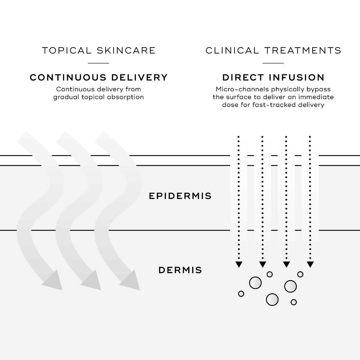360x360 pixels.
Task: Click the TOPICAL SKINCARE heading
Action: (99, 50)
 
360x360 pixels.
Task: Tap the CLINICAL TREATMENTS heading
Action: (273, 50)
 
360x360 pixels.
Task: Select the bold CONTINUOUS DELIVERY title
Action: (99, 78)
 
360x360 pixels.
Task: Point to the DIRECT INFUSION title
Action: (273, 78)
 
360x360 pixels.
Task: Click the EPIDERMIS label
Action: (180, 196)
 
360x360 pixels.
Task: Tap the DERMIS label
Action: (180, 270)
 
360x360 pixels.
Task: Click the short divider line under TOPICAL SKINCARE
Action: (99, 63)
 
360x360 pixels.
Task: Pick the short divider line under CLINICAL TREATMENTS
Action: (273, 63)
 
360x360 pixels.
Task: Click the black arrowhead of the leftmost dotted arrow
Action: (239, 264)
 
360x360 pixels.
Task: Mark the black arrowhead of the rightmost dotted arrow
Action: (310, 264)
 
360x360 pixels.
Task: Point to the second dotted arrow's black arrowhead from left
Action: (263, 264)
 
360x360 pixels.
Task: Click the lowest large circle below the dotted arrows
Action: (272, 299)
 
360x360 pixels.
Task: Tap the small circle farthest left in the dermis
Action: (241, 294)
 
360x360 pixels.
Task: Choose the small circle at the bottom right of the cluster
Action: (294, 302)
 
